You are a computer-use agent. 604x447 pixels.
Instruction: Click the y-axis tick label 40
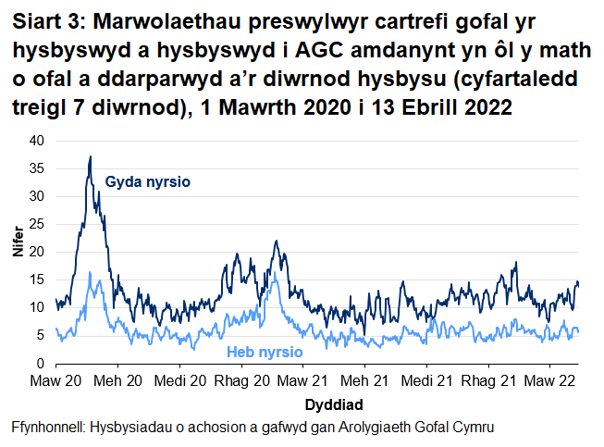coord(36,141)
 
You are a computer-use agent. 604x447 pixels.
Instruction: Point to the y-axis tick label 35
coord(36,168)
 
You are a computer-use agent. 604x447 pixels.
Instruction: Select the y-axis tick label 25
coord(36,224)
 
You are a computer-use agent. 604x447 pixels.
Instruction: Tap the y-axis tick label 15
coord(36,279)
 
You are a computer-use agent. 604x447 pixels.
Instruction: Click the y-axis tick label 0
coord(40,363)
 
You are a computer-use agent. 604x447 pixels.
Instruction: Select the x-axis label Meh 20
coord(117,381)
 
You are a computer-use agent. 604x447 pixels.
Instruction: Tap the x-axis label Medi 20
coord(180,381)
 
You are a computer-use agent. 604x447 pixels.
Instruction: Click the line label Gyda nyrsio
coord(148,182)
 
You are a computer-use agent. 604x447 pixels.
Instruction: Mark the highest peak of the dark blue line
coord(90,156)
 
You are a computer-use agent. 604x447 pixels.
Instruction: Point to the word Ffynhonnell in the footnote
coord(46,427)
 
